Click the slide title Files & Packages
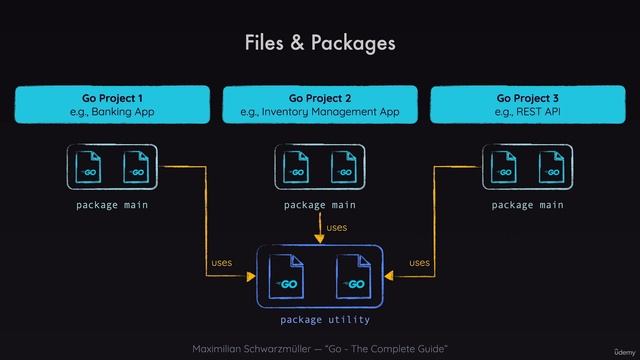320,43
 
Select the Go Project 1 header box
112,105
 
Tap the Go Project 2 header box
320,105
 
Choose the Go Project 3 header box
528,105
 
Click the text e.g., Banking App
112,113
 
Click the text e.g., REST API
528,113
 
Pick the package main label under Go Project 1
112,205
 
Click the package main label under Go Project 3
528,205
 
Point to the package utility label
325,320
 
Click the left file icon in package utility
286,277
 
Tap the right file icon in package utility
353,277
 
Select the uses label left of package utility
221,263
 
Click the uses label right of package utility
420,263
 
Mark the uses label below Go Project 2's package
337,228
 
